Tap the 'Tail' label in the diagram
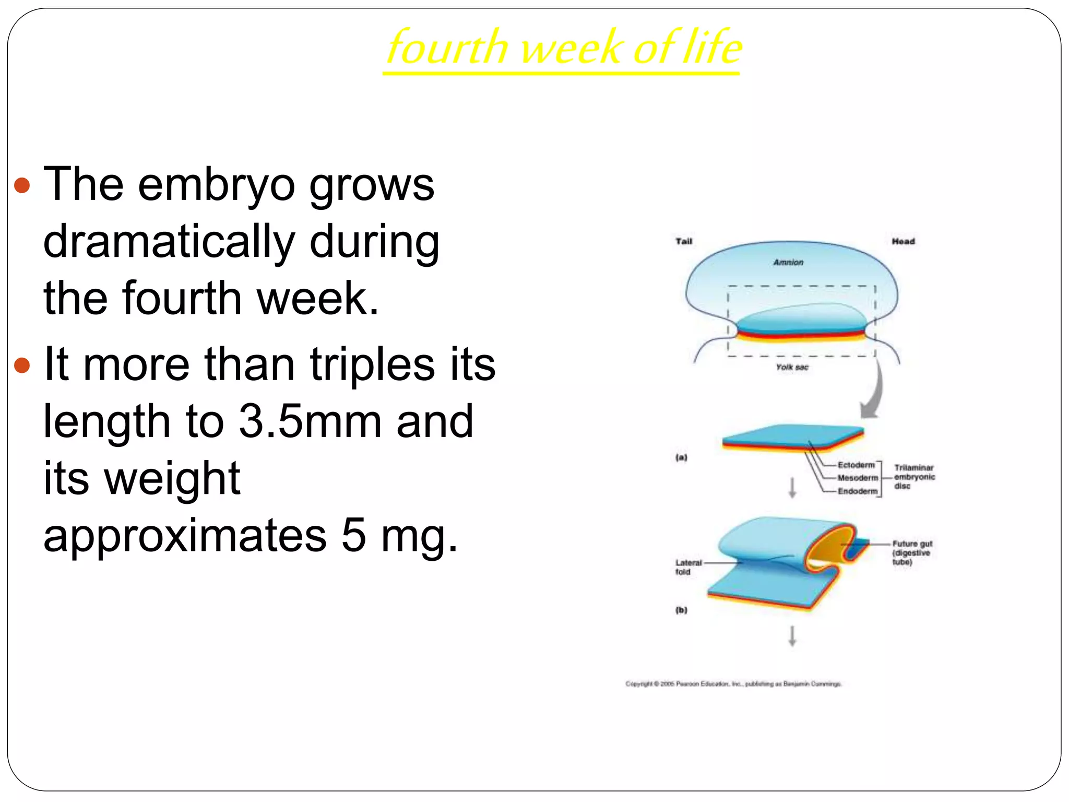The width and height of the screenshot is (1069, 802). point(684,241)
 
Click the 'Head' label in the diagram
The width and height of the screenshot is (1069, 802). point(903,241)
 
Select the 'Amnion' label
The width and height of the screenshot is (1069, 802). point(788,262)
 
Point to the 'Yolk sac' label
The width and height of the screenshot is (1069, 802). point(792,367)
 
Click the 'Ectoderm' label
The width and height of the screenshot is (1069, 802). point(856,465)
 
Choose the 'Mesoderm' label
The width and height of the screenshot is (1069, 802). point(858,478)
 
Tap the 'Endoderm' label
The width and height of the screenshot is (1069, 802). point(858,491)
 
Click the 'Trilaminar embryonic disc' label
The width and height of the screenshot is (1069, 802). point(914,477)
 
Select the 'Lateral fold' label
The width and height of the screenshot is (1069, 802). point(688,567)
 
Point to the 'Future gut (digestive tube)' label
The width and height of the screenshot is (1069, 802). point(911,552)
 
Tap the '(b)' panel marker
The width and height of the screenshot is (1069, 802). point(682,610)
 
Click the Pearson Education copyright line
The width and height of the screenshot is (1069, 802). point(733,683)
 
